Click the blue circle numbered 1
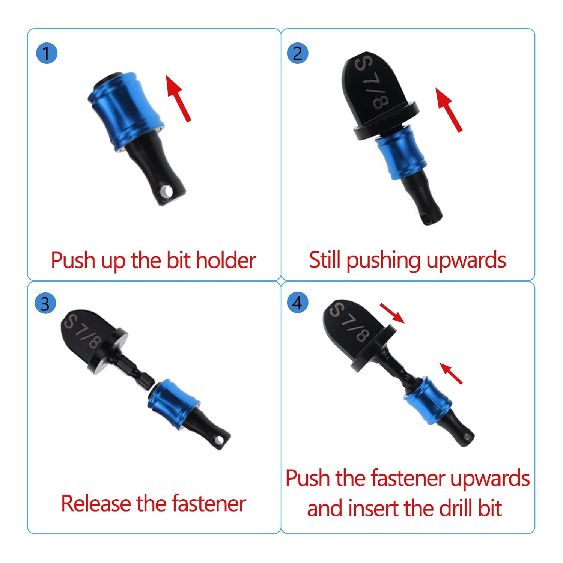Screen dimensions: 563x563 (47, 53)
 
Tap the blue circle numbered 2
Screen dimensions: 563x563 (297, 53)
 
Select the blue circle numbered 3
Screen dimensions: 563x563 (45, 304)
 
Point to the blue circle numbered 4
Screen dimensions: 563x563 (297, 303)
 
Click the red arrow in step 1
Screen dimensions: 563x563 (179, 98)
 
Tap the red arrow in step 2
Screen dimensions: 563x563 (449, 110)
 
